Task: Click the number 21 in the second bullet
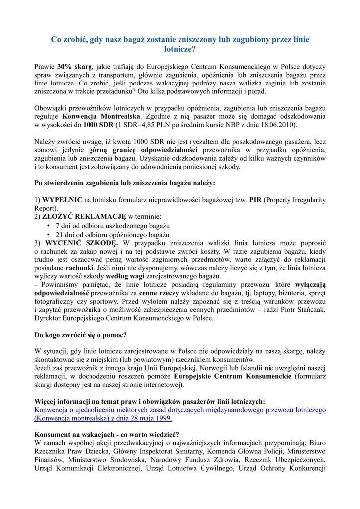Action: coord(59,234)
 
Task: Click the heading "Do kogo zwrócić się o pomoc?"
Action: coord(81,335)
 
